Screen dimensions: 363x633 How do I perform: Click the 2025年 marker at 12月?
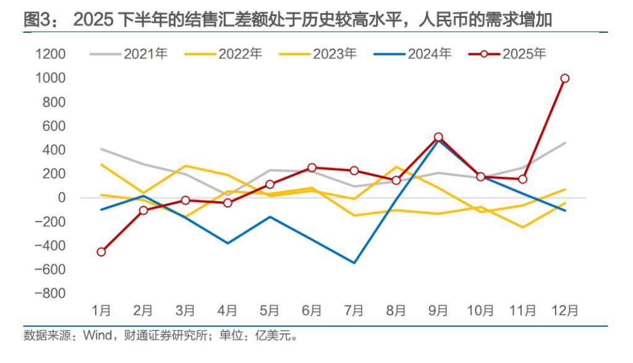(564, 79)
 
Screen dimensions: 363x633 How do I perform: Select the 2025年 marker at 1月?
(101, 252)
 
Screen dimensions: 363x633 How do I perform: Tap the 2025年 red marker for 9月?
(438, 137)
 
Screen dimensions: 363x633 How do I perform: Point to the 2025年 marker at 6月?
(312, 168)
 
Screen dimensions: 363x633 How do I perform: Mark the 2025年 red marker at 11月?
(522, 179)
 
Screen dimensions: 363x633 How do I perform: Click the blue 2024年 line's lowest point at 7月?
(354, 263)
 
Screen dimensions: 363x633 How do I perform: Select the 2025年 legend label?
(524, 54)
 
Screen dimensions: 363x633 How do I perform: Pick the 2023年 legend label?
(334, 54)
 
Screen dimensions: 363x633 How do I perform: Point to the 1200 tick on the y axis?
(50, 54)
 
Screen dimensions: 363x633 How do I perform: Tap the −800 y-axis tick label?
(50, 294)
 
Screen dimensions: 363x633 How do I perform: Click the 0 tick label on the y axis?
(61, 198)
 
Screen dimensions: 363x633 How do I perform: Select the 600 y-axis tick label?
(54, 126)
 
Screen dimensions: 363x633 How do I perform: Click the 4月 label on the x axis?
(228, 310)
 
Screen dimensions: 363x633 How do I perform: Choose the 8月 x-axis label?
(396, 310)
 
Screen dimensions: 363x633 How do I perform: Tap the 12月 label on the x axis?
(564, 310)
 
